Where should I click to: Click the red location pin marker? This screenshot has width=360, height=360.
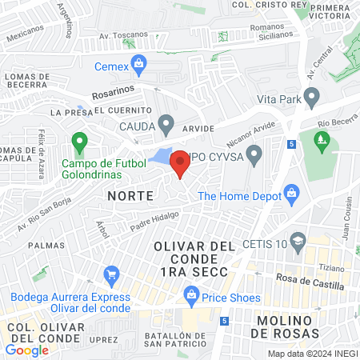pos(180,162)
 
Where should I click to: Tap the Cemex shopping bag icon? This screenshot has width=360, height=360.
pos(138,62)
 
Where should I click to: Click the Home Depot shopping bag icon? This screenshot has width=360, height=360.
pos(291,193)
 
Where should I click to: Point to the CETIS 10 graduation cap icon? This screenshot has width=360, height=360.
pos(298,241)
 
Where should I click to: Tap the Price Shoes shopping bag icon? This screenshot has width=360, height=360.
pos(191,297)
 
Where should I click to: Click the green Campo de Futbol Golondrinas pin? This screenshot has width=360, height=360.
pos(78,143)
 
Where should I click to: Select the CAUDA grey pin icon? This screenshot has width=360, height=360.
pos(166,124)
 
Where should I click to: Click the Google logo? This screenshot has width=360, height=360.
pos(26,350)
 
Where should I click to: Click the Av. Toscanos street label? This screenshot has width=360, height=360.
pos(124,36)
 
